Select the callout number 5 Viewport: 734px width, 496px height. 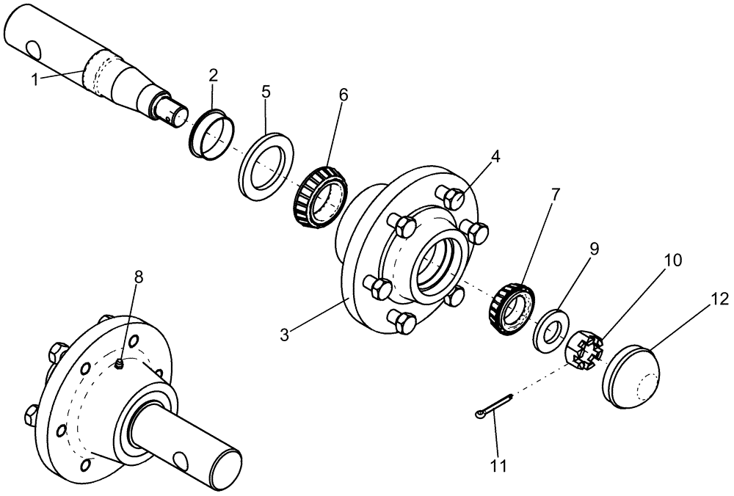click(x=266, y=92)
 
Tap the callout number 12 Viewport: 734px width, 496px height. click(x=719, y=299)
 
